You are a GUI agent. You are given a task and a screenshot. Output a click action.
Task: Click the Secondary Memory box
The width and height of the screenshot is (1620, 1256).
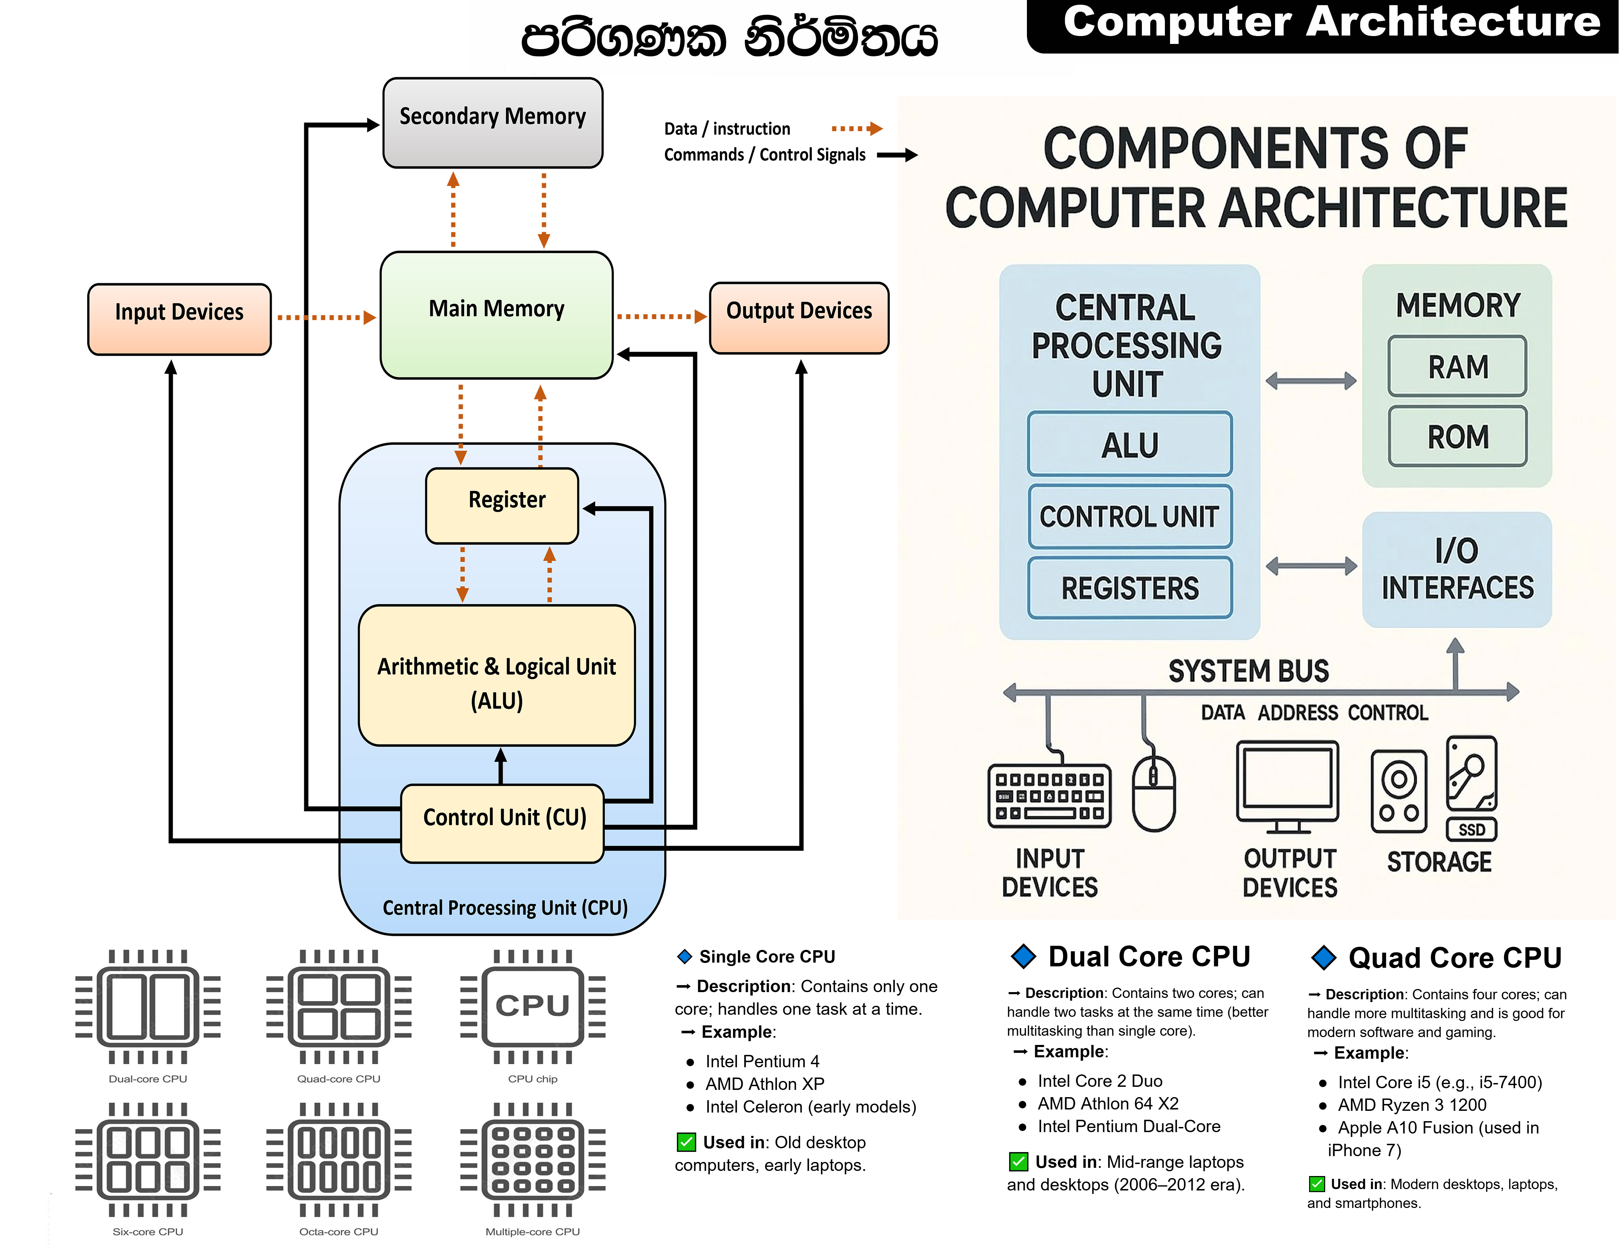(493, 123)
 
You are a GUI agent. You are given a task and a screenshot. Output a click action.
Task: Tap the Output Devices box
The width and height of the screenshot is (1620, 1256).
(799, 317)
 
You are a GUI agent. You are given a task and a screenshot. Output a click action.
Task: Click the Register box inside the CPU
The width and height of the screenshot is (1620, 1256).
(502, 505)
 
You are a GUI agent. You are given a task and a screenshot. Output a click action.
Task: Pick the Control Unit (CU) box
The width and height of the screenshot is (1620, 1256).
(502, 823)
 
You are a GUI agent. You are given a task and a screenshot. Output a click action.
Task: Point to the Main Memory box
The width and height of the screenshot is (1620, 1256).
(496, 315)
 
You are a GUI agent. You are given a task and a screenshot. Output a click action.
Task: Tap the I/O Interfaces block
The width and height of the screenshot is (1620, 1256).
(1456, 569)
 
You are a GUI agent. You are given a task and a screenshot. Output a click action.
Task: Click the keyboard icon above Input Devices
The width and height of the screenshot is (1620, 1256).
(1049, 795)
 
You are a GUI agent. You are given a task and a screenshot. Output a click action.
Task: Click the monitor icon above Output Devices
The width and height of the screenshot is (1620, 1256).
(1288, 786)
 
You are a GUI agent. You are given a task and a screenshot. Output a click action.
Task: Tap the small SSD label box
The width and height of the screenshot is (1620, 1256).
(1472, 829)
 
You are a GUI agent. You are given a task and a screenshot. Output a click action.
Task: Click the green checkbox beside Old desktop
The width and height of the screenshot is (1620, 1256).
(686, 1142)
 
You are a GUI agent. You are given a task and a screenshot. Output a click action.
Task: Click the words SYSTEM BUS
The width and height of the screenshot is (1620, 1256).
(1248, 671)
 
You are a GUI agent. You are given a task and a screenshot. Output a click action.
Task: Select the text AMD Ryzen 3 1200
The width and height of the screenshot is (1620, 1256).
(1412, 1105)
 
